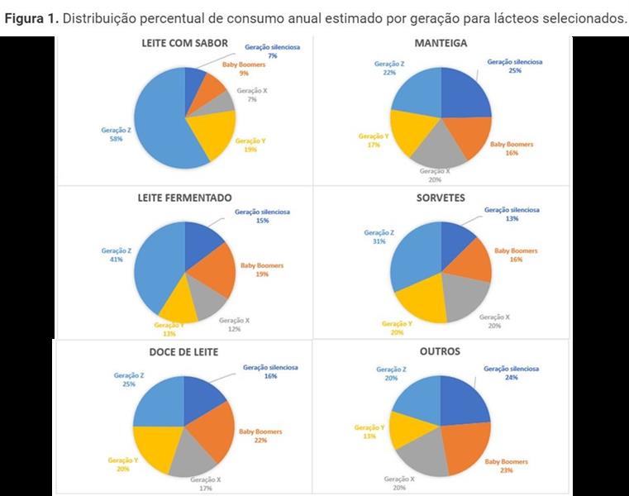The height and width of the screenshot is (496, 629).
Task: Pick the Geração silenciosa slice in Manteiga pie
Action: click(465, 92)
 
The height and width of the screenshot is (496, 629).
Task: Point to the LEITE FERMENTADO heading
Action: click(184, 198)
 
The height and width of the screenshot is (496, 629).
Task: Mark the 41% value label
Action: click(115, 260)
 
